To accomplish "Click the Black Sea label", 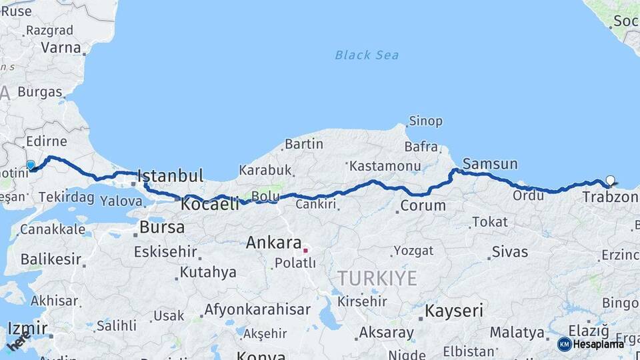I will coord(367,55).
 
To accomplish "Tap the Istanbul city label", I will coord(170,177).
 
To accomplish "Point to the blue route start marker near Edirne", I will coord(30,165).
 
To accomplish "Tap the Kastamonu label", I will coord(385,165).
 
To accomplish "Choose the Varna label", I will coord(61,48).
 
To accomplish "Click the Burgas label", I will coord(40,92).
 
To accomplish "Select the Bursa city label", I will coord(162,227).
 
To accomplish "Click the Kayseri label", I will coord(454,311).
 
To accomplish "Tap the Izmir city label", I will coord(27,329).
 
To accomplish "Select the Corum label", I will coord(423,205).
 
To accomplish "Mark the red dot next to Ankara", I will coord(305,251).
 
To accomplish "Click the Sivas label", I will coord(510,252).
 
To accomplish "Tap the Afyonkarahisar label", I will coord(257,310).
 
